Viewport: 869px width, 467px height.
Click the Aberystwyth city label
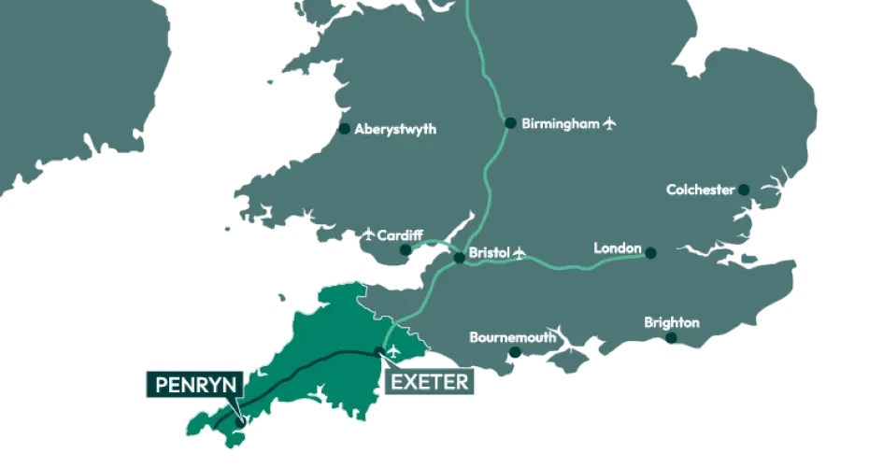pos(396,130)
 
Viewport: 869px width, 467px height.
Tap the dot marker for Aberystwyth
pos(345,129)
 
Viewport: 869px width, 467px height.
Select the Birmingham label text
pos(560,123)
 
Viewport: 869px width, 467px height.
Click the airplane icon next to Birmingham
pos(611,122)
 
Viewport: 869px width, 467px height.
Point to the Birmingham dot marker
pos(510,122)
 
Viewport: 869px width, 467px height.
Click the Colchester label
pos(700,190)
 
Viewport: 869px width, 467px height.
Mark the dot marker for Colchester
pos(744,190)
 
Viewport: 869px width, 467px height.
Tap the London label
pos(618,248)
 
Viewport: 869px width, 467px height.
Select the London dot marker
pos(650,252)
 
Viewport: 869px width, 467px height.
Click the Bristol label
pos(487,252)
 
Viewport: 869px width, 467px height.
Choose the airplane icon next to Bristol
pos(520,253)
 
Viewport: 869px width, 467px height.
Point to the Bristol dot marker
pos(459,258)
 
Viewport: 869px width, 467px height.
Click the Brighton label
pos(672,323)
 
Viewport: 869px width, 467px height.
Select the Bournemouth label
pos(513,336)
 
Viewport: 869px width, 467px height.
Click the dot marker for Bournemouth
pos(514,352)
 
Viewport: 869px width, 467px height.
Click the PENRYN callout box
pos(194,384)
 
